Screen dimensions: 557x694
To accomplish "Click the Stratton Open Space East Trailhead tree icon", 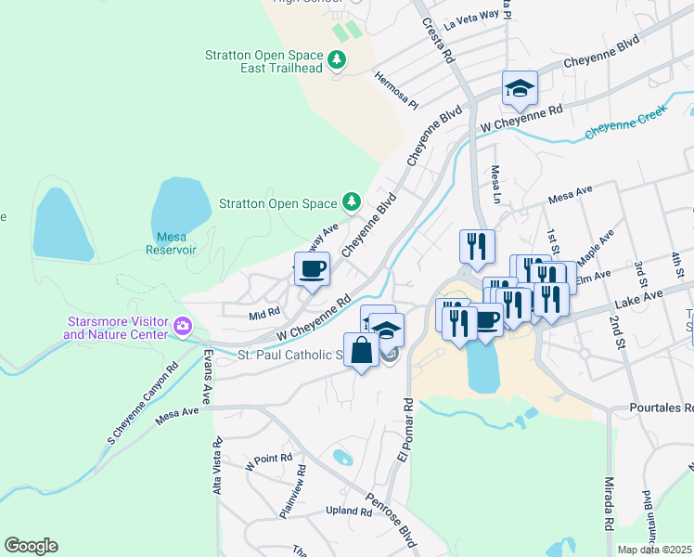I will pyautogui.click(x=338, y=61).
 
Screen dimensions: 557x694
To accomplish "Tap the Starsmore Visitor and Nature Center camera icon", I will pyautogui.click(x=183, y=327).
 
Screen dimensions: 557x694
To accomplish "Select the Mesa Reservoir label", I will pyautogui.click(x=171, y=243).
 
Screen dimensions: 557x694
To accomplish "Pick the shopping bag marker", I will pyautogui.click(x=362, y=351).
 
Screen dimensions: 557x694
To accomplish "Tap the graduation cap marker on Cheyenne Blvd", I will pyautogui.click(x=520, y=89).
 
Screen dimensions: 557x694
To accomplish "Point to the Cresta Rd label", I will pyautogui.click(x=439, y=42).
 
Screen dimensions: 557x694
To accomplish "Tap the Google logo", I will pyautogui.click(x=31, y=546).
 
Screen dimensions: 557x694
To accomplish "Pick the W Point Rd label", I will pyautogui.click(x=269, y=459).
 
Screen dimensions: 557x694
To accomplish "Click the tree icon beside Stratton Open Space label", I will pyautogui.click(x=351, y=201).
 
